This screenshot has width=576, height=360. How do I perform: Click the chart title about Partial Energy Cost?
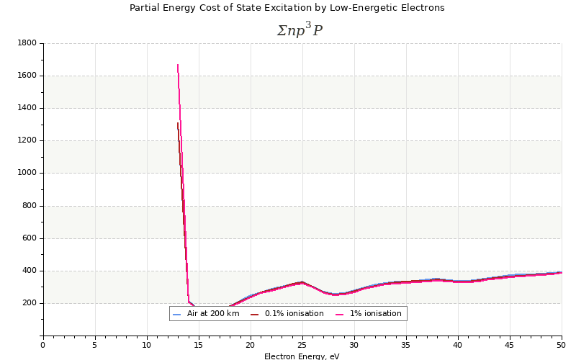pos(287,8)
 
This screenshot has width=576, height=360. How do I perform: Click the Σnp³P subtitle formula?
pos(300,30)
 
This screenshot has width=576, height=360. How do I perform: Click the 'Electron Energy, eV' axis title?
pos(302,356)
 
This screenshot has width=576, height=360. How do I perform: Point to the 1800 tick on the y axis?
pos(27,43)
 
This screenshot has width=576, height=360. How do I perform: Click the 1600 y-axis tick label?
pos(27,76)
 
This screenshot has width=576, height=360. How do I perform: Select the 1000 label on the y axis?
pos(27,173)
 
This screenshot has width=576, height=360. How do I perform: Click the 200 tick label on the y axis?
pos(29,303)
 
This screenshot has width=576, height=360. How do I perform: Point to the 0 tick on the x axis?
pos(43,345)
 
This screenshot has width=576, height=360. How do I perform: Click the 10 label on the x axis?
pos(147,345)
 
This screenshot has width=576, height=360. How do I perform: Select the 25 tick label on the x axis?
pos(302,345)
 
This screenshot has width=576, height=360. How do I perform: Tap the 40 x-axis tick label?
pos(458,345)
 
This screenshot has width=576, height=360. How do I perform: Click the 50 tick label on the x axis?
pos(561,345)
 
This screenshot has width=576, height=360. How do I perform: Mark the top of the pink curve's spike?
pos(178,65)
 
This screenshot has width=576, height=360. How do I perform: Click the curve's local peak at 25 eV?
pos(302,282)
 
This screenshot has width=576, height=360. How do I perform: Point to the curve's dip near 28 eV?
pos(335,294)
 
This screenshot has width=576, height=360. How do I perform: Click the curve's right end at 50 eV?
pos(561,272)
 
